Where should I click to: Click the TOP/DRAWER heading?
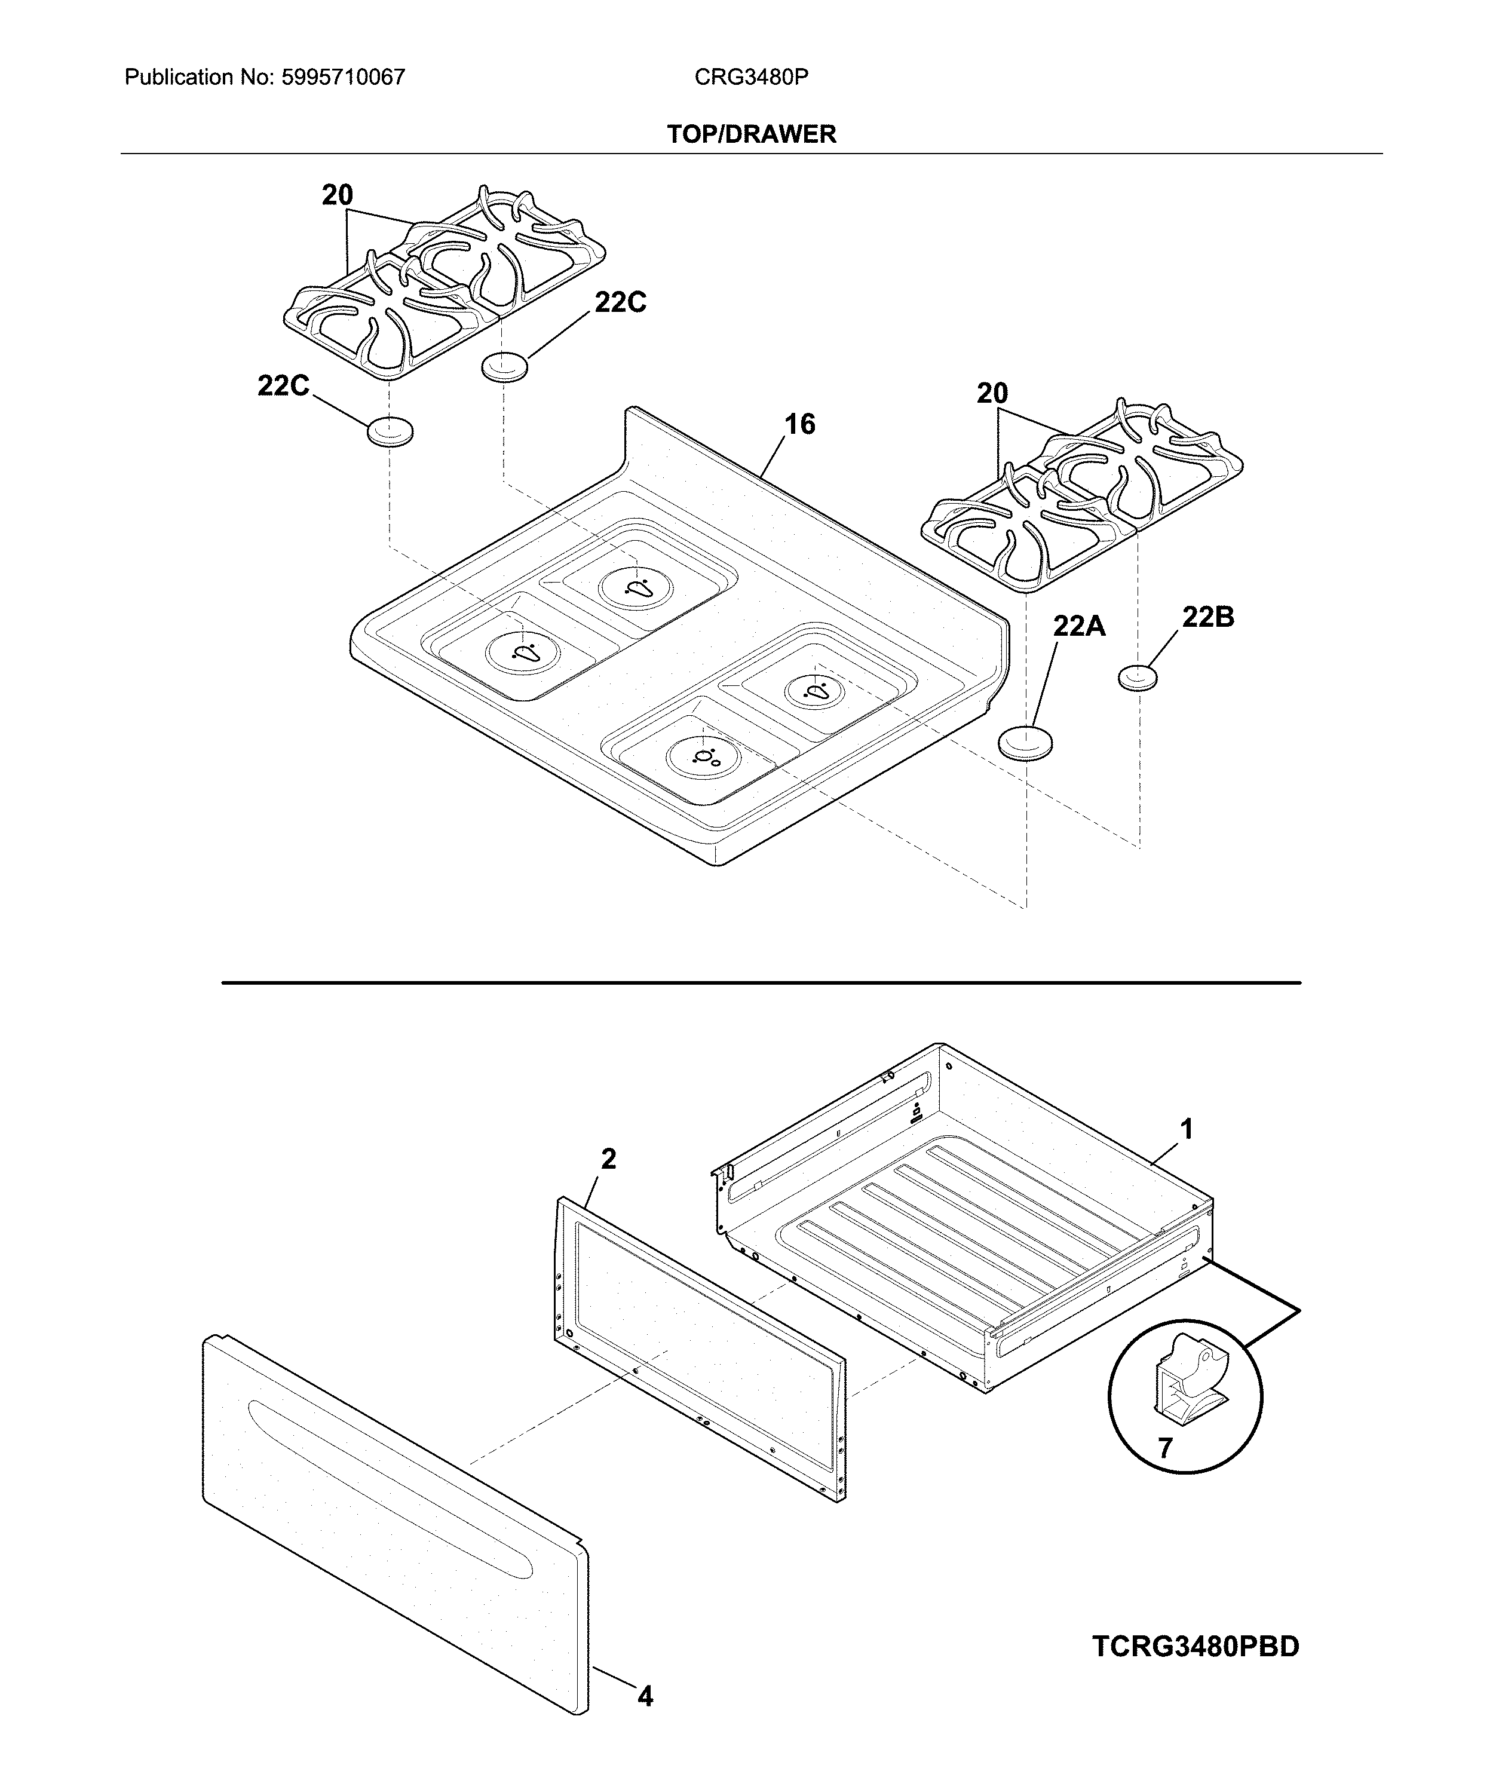pos(751,134)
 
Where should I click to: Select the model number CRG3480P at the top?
pos(751,78)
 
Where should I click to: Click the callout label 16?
pos(799,424)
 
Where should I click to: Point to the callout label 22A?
pos(1079,626)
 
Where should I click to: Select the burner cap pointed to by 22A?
pos(1025,743)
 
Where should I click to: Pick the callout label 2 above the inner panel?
pos(608,1159)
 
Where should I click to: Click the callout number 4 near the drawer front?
pos(646,1697)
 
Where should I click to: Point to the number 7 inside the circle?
pos(1165,1448)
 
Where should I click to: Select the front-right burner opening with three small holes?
pos(704,757)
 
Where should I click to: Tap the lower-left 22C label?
pos(284,386)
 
